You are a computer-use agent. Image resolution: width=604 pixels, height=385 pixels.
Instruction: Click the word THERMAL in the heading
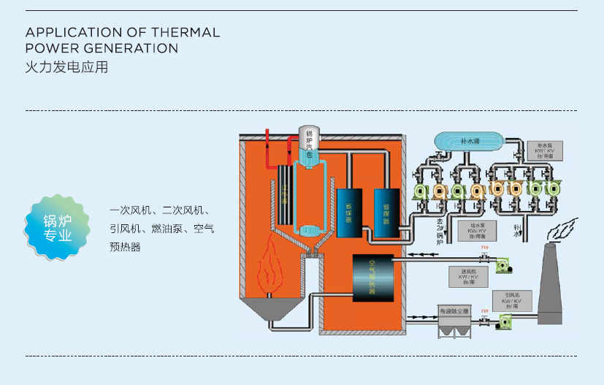click(x=185, y=33)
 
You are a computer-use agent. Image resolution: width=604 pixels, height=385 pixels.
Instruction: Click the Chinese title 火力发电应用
click(x=66, y=68)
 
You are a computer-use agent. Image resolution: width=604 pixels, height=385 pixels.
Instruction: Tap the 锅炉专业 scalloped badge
click(x=58, y=228)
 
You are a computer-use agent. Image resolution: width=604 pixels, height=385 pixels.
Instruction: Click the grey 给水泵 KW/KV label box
click(x=476, y=231)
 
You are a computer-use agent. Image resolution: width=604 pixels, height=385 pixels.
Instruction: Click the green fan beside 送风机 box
click(x=503, y=267)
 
